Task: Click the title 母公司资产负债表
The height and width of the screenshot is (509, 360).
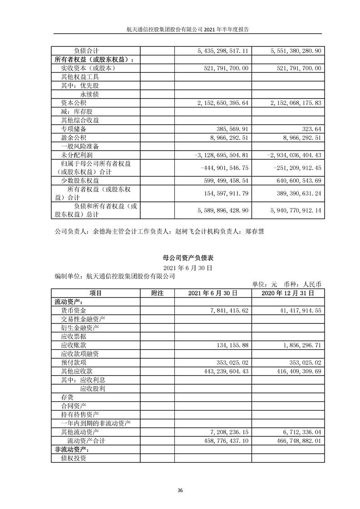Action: pos(180,258)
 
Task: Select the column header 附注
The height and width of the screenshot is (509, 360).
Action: pos(157,293)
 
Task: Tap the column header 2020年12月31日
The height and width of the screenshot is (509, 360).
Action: pos(288,293)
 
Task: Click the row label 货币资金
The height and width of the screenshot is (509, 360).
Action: pos(73,310)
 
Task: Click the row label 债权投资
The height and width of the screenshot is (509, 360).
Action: pos(73,458)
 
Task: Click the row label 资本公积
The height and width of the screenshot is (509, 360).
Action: pos(73,103)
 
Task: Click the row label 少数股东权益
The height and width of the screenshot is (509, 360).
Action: pos(80,181)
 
